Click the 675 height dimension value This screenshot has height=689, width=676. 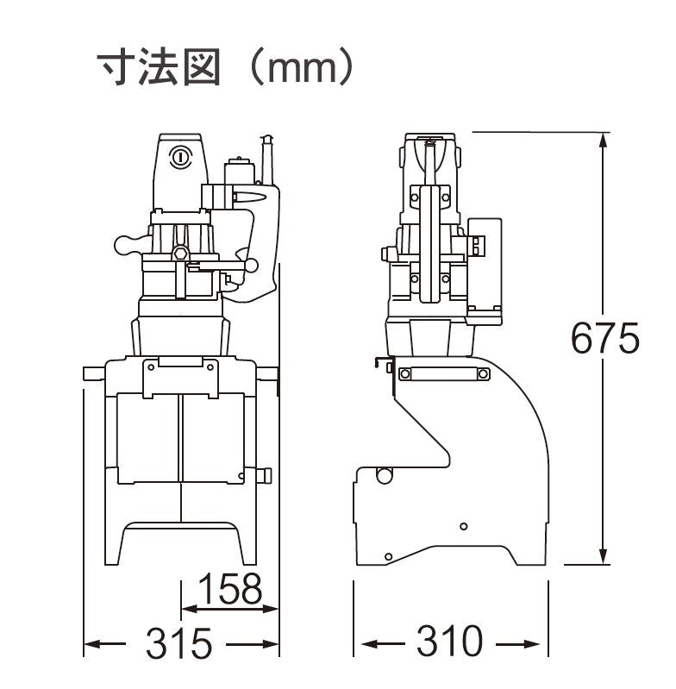point(605,338)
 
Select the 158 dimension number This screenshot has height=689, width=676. point(229,590)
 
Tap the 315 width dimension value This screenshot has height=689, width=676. point(179,643)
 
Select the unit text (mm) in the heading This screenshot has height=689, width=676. point(298,67)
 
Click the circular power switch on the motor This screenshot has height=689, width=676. point(179,157)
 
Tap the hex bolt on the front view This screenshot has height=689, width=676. point(180,253)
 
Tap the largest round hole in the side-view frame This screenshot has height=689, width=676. point(383,473)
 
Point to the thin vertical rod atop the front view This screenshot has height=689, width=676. point(267,160)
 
